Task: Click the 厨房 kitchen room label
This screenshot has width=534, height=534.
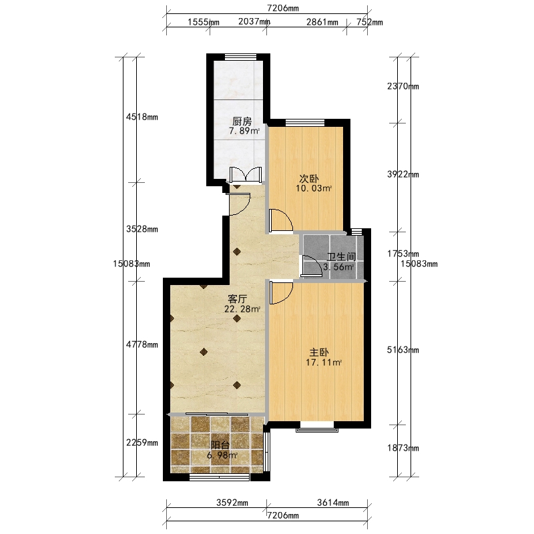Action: point(242,121)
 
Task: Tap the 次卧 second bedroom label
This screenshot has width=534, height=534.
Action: point(309,178)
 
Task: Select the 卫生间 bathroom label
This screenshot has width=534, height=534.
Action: point(341,257)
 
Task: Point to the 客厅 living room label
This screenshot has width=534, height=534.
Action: point(238,299)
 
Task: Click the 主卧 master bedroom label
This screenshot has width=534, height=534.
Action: point(319,352)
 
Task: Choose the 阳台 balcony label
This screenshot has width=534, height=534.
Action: point(220,445)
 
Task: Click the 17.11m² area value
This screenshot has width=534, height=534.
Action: point(323,362)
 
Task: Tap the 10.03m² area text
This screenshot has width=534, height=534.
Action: point(314,188)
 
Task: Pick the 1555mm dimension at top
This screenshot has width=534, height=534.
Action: point(204,22)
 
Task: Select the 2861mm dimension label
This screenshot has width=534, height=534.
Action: point(322,22)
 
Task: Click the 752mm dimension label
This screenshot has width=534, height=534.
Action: point(370,22)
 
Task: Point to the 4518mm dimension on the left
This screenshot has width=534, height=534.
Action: point(142,117)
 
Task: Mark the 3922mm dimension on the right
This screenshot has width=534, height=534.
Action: point(403,174)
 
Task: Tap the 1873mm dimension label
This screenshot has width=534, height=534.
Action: point(403,448)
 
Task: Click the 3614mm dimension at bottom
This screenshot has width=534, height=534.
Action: point(332,503)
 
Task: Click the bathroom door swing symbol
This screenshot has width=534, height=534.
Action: point(311,266)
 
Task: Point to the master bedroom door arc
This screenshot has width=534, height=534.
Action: point(281,292)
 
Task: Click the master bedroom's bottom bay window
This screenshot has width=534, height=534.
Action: point(317,427)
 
